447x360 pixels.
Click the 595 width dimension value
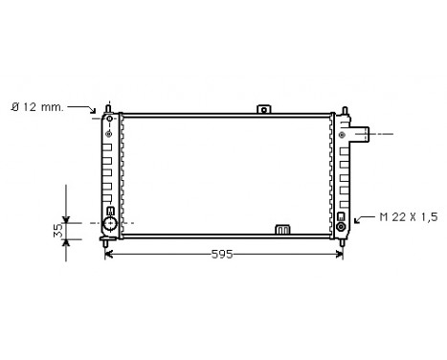click(221, 254)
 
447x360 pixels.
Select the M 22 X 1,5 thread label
click(408, 217)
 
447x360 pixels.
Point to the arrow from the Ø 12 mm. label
click(97, 110)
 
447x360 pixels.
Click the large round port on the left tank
click(110, 225)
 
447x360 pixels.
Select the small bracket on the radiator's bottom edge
click(282, 229)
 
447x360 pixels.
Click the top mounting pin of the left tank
click(110, 105)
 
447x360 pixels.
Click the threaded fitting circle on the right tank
click(341, 227)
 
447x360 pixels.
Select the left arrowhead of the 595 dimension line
click(108, 254)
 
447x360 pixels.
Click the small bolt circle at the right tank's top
click(339, 120)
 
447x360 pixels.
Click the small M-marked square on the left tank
click(110, 211)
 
